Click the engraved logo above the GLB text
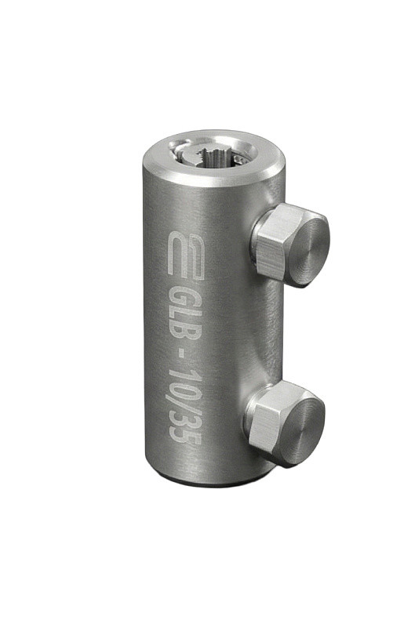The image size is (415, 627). point(186,254)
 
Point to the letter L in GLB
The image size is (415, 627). point(184,317)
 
